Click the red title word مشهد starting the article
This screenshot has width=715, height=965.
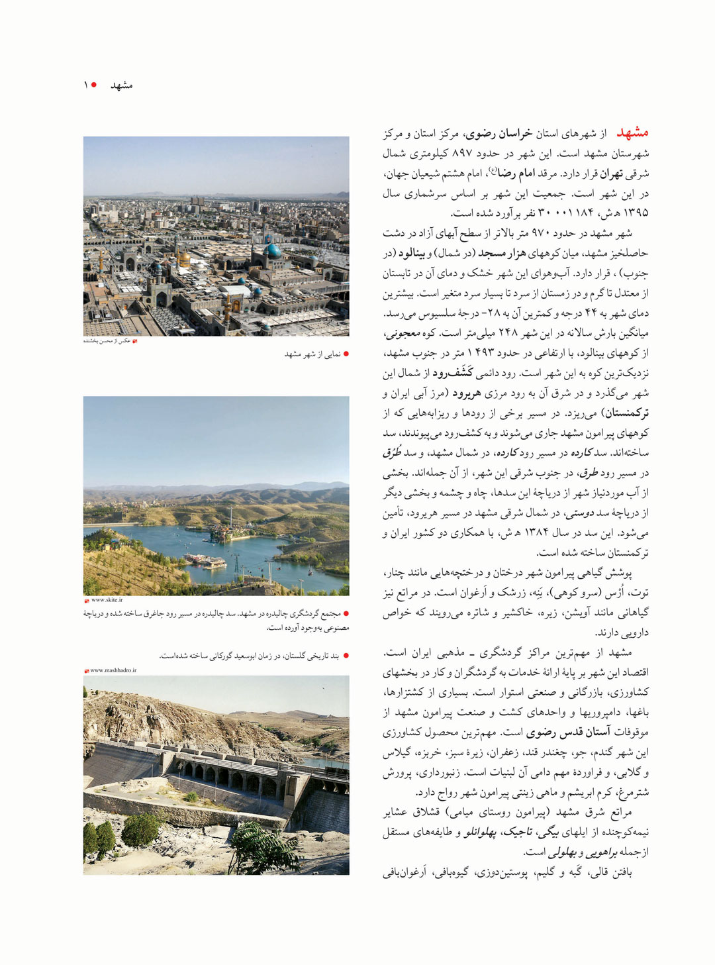632,133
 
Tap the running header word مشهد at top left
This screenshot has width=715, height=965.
122,85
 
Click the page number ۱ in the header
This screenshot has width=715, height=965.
85,85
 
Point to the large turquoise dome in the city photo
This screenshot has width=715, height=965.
272,250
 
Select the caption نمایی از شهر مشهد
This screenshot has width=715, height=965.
312,354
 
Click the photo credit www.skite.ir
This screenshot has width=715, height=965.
107,600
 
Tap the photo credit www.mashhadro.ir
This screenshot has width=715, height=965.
113,670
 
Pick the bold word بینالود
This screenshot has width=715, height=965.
412,253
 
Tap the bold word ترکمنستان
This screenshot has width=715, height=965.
624,413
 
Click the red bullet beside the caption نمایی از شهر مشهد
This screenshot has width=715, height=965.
346,354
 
